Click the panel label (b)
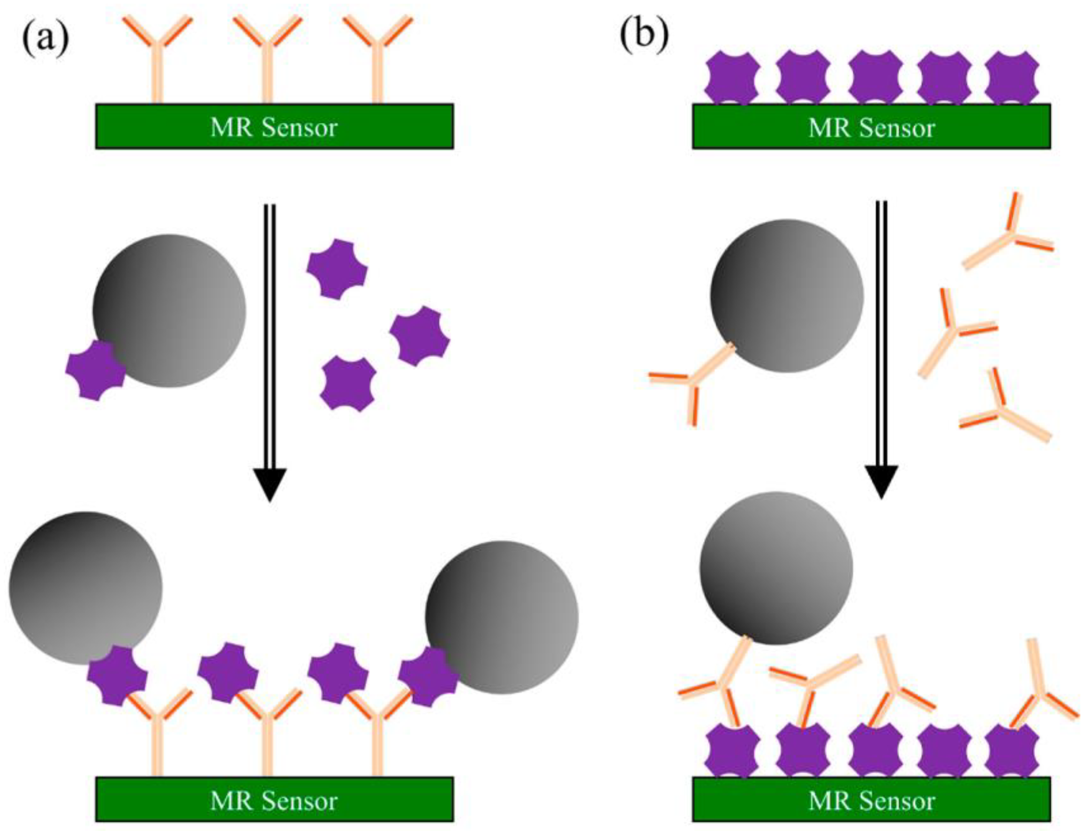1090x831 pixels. [x=644, y=35]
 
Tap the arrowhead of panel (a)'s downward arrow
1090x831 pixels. [x=270, y=484]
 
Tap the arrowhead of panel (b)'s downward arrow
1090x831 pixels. [x=881, y=481]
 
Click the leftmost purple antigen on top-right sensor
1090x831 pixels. [x=732, y=78]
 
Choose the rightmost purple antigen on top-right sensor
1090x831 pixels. [x=1012, y=78]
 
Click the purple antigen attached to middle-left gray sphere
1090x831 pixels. [x=95, y=370]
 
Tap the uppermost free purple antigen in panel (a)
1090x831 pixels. [x=337, y=270]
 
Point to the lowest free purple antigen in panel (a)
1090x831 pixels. [x=348, y=384]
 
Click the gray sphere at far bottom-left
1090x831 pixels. [x=85, y=588]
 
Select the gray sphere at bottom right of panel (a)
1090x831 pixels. [x=501, y=617]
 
